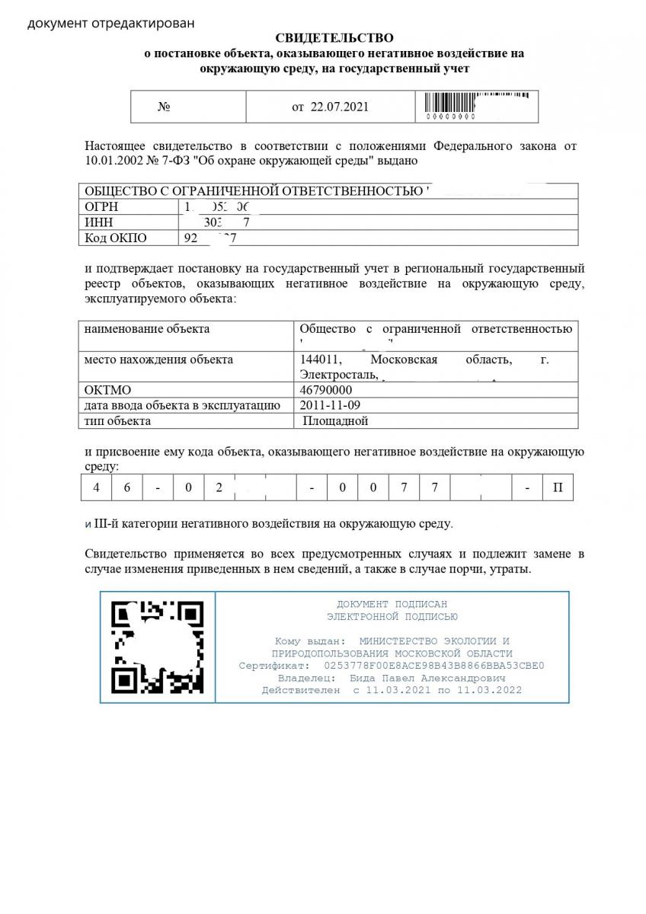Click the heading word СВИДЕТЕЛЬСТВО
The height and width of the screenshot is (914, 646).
point(334,37)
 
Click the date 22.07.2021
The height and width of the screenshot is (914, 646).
point(340,107)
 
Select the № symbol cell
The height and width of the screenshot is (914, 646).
point(164,107)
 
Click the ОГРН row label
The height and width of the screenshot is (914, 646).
point(102,207)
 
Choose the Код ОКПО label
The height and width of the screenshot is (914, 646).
point(115,238)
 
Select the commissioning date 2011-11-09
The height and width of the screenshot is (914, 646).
point(331,405)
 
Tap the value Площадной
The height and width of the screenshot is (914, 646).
point(335,420)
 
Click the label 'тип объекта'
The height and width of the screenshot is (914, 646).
point(117,420)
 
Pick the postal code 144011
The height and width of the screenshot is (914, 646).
point(321,360)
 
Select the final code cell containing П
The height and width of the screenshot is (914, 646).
point(558,487)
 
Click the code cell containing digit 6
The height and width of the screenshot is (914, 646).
point(126,487)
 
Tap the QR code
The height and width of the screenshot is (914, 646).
point(158,647)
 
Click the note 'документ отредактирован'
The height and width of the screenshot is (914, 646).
point(110,23)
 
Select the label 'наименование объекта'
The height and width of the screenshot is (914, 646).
point(147,329)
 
